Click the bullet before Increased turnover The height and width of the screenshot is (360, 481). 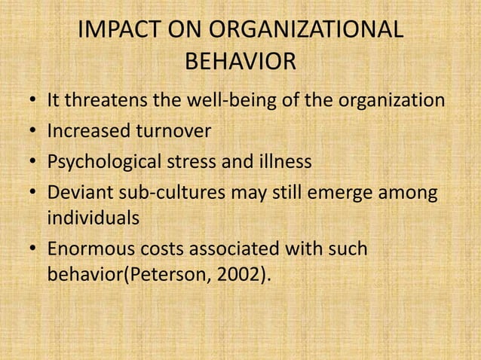[32, 132]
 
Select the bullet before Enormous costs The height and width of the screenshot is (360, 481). [32, 249]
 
